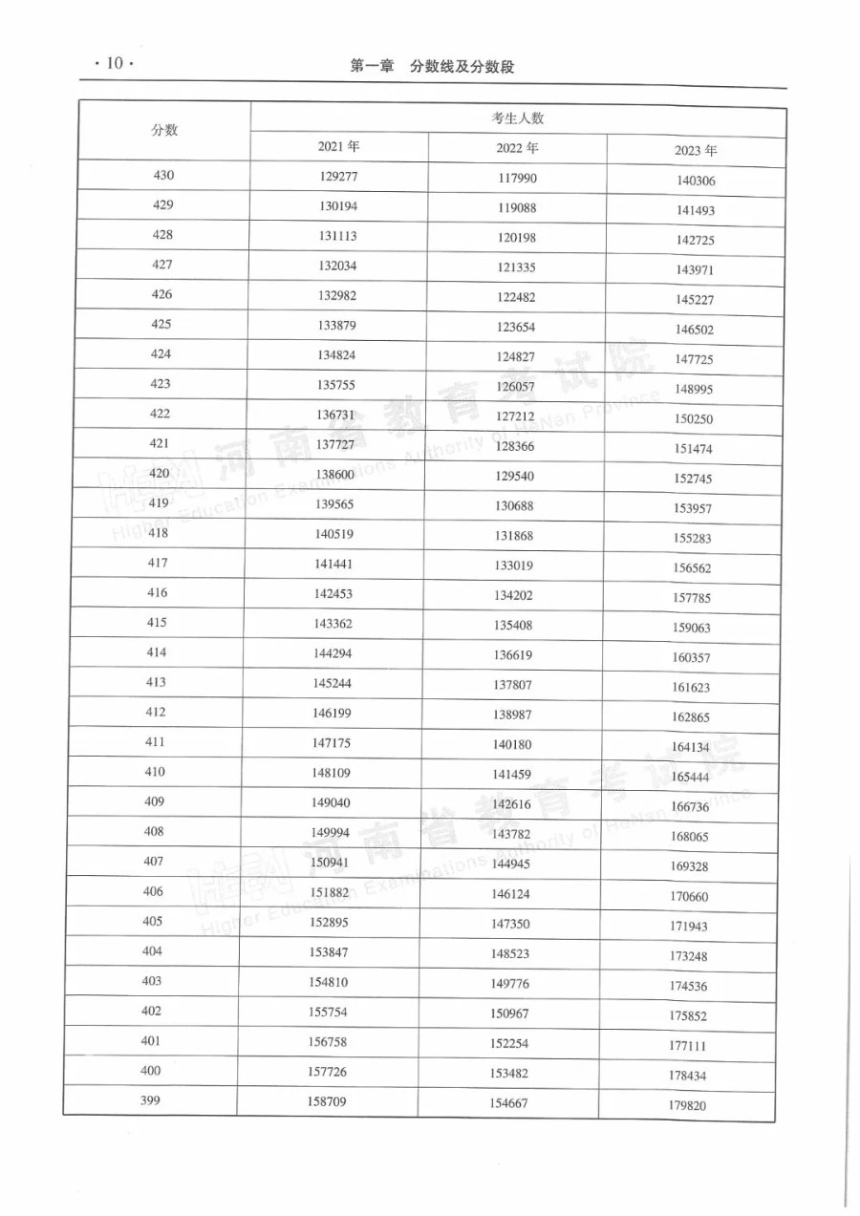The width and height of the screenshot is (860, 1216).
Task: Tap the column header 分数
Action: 164,131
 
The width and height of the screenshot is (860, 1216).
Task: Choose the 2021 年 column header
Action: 339,147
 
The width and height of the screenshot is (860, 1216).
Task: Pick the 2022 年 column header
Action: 518,148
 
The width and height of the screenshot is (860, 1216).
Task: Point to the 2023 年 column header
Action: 696,151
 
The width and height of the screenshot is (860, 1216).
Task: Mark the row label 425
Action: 161,325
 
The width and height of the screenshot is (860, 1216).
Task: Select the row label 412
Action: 157,713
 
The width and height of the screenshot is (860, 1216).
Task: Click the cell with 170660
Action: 690,897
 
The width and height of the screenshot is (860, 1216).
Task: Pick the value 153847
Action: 328,952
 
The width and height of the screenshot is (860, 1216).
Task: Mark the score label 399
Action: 150,1100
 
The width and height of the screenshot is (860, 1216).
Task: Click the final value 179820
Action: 688,1107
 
